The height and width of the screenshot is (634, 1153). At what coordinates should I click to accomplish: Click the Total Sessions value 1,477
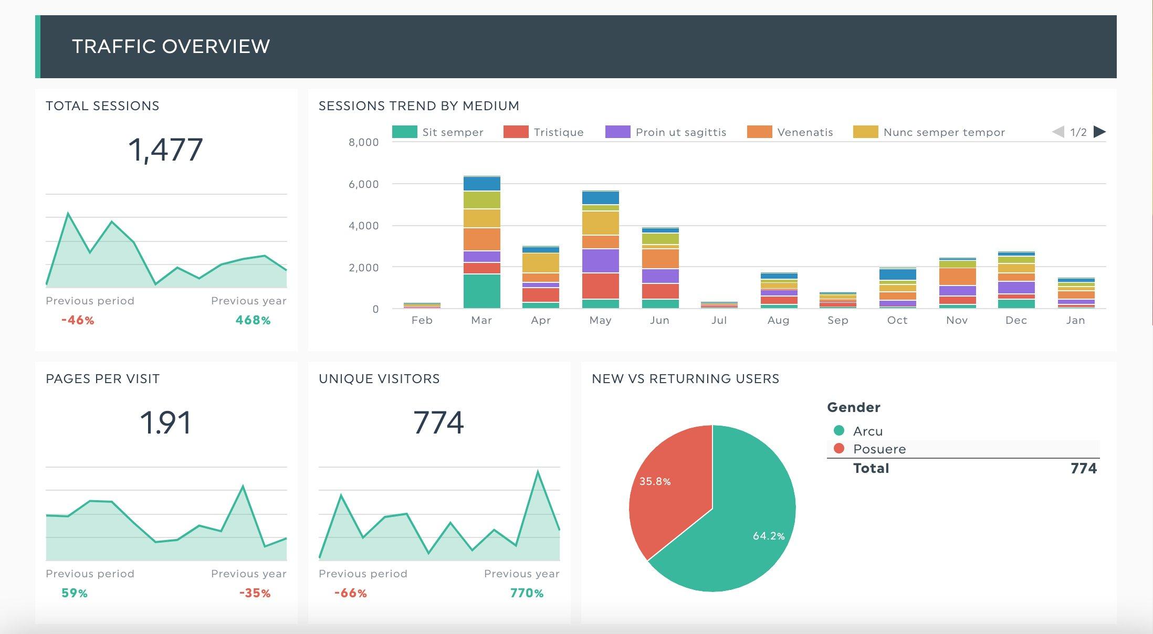[x=165, y=150]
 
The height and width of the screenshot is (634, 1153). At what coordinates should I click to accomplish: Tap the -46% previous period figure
[x=78, y=320]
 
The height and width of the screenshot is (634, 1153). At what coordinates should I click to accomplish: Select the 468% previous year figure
[x=253, y=320]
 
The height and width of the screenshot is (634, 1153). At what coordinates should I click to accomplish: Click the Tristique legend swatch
[x=515, y=132]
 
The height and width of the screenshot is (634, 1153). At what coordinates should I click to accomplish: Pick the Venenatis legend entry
[x=804, y=132]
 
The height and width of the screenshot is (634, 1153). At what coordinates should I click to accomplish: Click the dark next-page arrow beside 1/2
[x=1099, y=132]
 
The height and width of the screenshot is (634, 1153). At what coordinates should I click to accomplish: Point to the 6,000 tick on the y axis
[x=363, y=184]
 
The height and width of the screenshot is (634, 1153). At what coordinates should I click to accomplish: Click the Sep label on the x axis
[x=838, y=320]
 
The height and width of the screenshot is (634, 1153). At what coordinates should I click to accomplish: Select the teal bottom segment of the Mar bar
[x=482, y=291]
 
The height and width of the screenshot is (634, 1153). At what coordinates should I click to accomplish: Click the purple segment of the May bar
[x=601, y=260]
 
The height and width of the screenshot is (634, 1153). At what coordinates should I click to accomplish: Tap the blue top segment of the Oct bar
[x=898, y=274]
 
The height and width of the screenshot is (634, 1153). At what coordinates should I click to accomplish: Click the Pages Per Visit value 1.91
[x=165, y=423]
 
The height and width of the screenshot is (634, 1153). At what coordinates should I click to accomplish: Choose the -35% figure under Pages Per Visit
[x=255, y=593]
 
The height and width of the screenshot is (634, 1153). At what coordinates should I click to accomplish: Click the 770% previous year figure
[x=527, y=593]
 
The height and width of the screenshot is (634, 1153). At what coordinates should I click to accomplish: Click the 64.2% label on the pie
[x=769, y=536]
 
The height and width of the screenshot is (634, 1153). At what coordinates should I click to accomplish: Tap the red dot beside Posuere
[x=839, y=449]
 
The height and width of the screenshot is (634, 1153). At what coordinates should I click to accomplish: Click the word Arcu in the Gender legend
[x=868, y=431]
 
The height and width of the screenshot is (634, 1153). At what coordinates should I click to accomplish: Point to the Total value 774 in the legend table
[x=1084, y=468]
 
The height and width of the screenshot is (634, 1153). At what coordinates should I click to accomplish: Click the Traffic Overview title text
[x=171, y=47]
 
